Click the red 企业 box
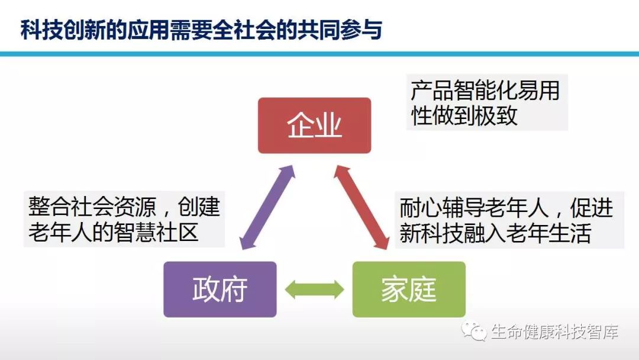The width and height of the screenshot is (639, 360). tap(314, 126)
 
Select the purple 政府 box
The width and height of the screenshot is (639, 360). tap(220, 290)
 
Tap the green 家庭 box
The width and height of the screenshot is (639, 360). tap(409, 290)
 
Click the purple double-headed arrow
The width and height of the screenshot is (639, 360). tap(266, 207)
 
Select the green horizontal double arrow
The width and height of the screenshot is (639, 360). tap(314, 290)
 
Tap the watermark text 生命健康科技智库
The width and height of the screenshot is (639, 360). tap(554, 332)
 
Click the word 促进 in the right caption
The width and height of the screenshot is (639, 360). tap(592, 208)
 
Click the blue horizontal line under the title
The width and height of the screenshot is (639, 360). tap(319, 54)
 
